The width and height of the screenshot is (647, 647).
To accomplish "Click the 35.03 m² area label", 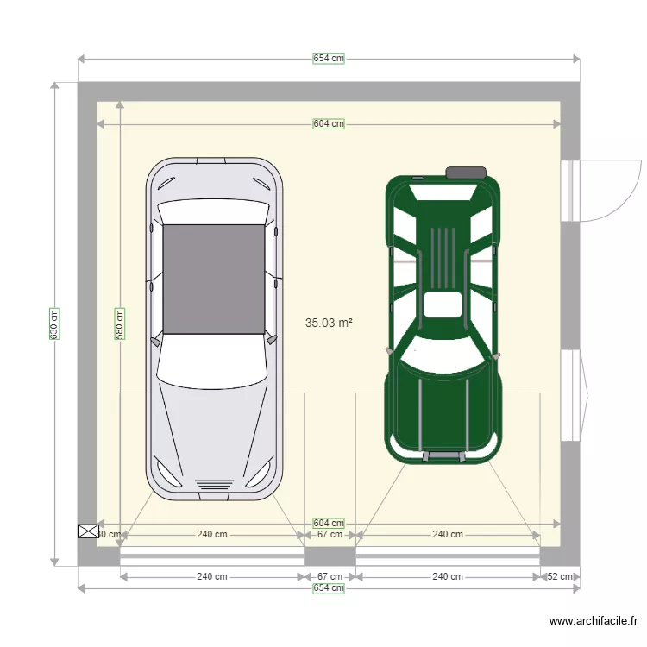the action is [x=329, y=323].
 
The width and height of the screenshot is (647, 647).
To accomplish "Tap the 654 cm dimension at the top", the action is [x=329, y=59].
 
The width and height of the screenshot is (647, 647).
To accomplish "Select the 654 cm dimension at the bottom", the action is [x=329, y=588].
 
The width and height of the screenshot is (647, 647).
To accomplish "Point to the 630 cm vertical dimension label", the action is [x=54, y=324].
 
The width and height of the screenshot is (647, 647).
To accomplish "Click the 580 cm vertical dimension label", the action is [x=120, y=324].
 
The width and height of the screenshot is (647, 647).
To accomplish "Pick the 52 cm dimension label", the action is [x=560, y=577].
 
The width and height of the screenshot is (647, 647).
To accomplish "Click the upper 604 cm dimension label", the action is [x=329, y=123].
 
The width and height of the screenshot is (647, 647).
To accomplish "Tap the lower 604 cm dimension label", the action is [x=329, y=523].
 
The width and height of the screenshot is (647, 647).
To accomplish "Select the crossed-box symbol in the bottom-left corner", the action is [x=88, y=531].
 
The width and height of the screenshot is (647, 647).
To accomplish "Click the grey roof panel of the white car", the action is [x=214, y=279].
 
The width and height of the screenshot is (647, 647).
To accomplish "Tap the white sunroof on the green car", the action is [x=443, y=305].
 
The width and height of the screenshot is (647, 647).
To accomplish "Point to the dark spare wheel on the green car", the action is [x=465, y=173].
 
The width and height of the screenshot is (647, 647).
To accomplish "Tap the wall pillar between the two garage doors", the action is [x=330, y=557].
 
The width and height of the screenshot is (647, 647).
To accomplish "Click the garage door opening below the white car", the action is [x=211, y=558].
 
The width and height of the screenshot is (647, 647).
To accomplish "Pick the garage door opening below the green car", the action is [x=448, y=558].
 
